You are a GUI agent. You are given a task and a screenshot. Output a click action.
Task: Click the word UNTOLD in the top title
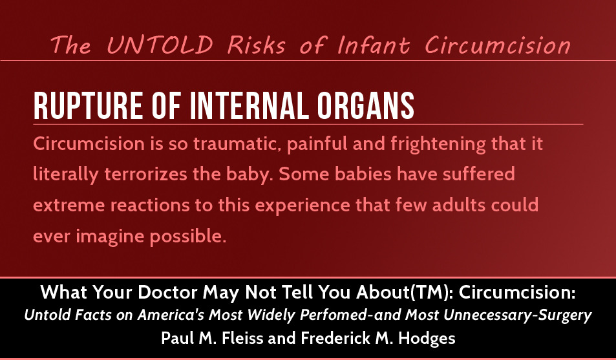point(160,45)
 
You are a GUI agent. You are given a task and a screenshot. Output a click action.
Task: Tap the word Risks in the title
point(256,45)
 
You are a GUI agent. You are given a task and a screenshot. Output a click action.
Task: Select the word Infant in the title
point(373,45)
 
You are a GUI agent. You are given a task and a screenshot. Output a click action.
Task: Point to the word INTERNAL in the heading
point(250,106)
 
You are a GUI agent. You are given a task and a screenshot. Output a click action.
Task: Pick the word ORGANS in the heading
point(365,106)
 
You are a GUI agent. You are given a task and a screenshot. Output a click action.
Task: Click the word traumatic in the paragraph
point(237,144)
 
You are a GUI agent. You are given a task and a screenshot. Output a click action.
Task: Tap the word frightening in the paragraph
point(438,145)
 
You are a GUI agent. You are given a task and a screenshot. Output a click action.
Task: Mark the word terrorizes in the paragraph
point(145,175)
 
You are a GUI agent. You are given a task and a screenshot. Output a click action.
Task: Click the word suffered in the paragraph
point(479,174)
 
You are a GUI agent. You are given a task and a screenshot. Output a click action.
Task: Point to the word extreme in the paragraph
point(69,206)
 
